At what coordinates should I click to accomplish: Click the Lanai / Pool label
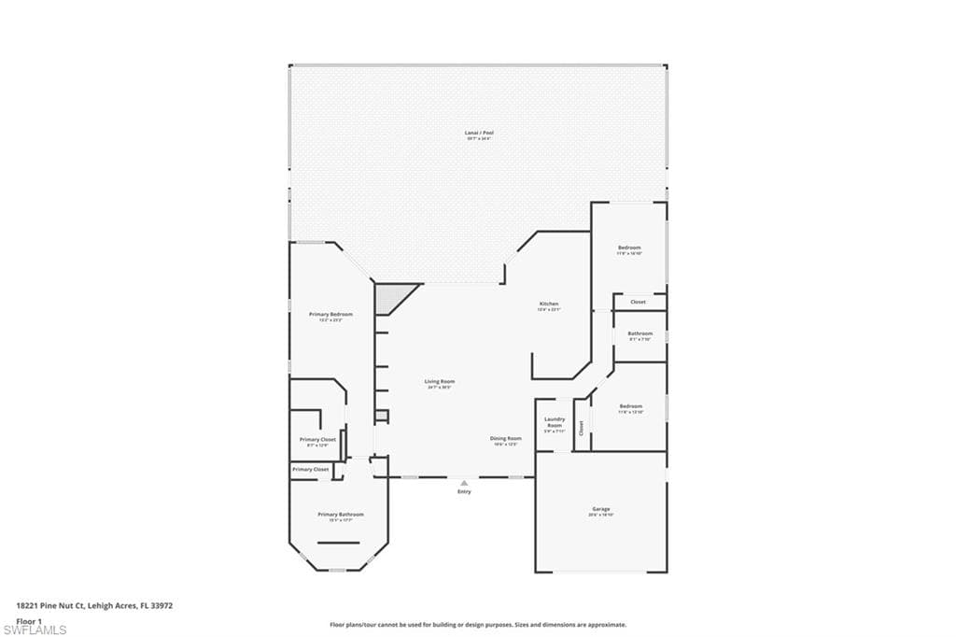479,134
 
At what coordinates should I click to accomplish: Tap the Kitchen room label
549,304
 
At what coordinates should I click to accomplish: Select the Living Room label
440,381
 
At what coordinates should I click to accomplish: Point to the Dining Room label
506,438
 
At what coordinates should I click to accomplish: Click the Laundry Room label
555,422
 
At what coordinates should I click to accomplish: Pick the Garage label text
600,509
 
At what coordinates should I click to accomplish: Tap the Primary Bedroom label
330,315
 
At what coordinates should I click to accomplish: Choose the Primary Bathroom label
340,515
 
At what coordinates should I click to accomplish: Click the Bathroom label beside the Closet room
640,333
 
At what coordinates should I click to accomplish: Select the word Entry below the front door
464,491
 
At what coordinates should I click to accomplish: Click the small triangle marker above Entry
464,482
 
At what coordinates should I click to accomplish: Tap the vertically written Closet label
581,428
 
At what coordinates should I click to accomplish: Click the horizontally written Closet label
638,302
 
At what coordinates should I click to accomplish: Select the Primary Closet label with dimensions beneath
317,439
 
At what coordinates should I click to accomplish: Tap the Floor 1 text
30,620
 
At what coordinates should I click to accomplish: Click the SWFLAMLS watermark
35,630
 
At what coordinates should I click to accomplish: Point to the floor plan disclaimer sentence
477,625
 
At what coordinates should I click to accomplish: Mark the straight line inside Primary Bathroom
338,543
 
